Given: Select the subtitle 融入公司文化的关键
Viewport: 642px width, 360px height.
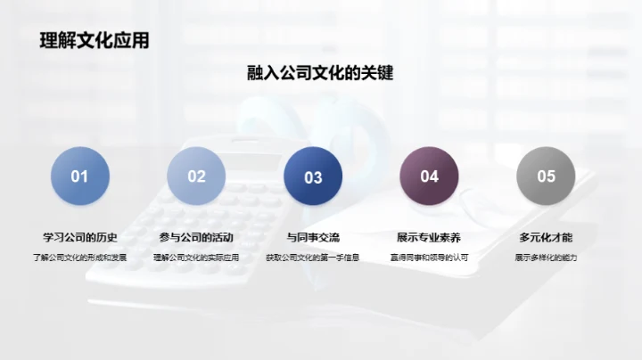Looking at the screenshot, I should [320, 73].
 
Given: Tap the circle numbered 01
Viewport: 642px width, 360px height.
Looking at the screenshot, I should [80, 176].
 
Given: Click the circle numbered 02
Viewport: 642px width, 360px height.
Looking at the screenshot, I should [196, 176].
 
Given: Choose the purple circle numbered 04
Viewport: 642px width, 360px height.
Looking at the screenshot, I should [429, 176].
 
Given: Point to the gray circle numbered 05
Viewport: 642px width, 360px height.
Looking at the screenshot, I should [546, 176].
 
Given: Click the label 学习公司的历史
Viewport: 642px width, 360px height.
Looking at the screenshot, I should [80, 238].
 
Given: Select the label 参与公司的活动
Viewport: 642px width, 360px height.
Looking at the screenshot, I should [196, 238].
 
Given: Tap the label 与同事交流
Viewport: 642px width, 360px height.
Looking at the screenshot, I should [313, 238].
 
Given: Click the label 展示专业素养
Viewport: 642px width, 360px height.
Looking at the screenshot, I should [429, 238].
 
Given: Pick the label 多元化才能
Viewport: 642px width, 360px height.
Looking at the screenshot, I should [546, 238].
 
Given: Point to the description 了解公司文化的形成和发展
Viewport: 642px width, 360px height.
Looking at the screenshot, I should [80, 258].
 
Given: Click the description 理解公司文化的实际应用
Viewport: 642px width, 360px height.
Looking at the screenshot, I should [196, 258].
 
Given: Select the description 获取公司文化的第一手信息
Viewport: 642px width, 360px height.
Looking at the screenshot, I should [313, 258].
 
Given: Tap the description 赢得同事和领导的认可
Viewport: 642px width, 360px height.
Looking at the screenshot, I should [429, 258].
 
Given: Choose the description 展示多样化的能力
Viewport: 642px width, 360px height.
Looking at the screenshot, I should [546, 258].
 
